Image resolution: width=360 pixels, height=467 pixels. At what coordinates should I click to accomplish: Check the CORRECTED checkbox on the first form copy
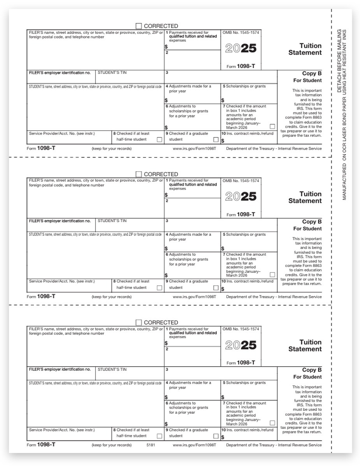coord(139,26)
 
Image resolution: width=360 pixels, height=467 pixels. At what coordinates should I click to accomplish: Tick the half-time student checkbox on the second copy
coord(159,288)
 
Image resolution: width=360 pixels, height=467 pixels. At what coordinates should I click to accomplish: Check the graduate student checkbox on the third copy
coord(216,436)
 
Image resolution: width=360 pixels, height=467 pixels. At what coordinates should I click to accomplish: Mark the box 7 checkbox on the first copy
coord(272,126)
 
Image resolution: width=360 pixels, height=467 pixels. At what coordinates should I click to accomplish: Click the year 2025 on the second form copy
coord(241,197)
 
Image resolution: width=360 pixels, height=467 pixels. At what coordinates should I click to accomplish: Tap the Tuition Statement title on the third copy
coord(305,346)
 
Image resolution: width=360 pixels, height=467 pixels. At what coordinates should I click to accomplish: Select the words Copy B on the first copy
coord(312,73)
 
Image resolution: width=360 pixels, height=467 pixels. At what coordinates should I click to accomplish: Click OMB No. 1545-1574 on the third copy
coord(241,329)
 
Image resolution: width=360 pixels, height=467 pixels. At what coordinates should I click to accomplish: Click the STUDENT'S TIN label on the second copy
coord(112,221)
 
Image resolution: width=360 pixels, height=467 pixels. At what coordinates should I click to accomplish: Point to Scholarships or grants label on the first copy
coord(244,86)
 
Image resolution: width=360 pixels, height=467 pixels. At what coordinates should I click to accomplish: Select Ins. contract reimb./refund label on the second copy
coord(247,281)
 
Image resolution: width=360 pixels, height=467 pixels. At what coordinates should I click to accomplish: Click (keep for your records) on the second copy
coord(112,297)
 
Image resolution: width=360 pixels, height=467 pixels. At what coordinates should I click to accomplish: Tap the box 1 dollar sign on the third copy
coord(166,343)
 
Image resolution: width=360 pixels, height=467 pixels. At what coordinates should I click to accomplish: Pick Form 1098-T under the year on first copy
coord(241,67)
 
